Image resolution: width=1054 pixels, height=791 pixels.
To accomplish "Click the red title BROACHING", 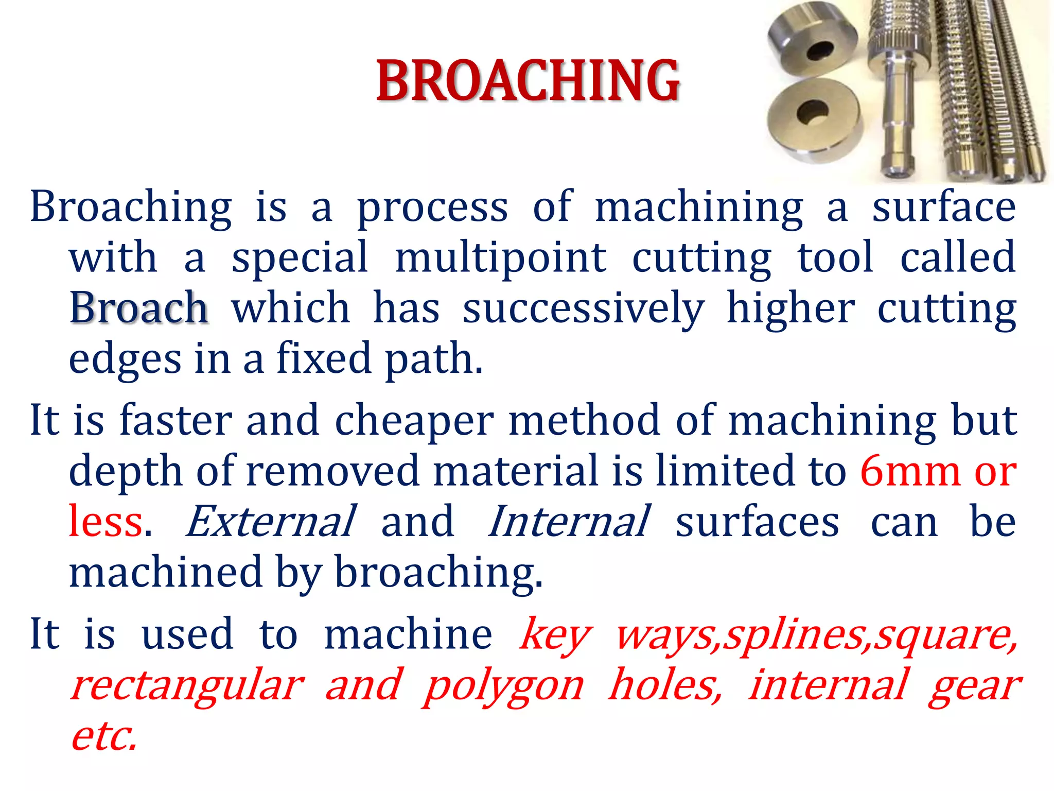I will [528, 81].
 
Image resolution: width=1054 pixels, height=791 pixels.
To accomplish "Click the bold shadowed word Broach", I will [138, 308].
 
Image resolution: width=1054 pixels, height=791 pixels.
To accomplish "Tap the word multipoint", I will [501, 257].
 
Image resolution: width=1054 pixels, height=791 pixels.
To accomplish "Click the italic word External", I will [270, 522].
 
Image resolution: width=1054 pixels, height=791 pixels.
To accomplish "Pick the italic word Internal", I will [569, 522].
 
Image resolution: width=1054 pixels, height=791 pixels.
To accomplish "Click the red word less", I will [106, 522].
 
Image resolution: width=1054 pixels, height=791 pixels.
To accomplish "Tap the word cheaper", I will [414, 420].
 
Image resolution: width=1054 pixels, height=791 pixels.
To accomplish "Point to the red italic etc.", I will [104, 735].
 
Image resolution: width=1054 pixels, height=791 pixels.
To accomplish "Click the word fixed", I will [324, 358].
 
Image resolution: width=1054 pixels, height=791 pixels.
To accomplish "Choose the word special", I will [300, 257].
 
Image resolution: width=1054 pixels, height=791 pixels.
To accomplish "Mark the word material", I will [516, 471].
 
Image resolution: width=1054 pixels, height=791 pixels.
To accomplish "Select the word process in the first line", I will [433, 208].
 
